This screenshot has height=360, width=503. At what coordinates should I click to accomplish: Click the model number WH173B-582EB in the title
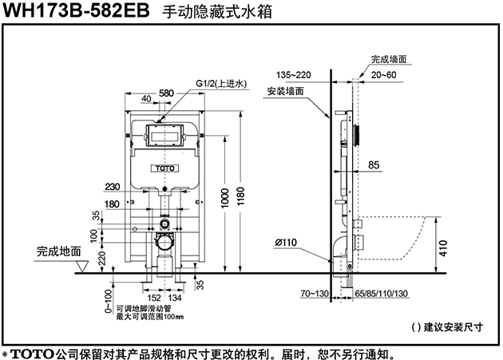tap(76, 10)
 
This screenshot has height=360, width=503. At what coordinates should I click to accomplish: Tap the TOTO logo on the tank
tap(165, 168)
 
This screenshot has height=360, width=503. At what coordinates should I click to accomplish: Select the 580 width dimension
tap(166, 93)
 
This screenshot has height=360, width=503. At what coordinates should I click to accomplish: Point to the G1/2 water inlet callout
tap(221, 84)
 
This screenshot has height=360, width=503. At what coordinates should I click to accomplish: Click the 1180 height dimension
tap(240, 196)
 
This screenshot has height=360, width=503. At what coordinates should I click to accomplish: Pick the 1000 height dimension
tap(225, 198)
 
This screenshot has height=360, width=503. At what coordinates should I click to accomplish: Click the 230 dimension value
tap(113, 187)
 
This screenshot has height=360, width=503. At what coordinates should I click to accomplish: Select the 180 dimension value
tap(112, 204)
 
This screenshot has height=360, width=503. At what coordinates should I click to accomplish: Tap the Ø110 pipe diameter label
tap(286, 242)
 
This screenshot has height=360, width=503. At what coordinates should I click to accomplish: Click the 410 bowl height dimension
tap(443, 248)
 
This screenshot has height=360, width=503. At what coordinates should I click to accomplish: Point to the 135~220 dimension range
tap(294, 75)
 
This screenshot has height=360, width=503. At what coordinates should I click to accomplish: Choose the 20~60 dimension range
tap(384, 75)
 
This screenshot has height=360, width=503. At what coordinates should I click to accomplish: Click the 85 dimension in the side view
tap(374, 165)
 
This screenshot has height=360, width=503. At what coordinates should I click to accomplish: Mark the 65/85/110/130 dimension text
tap(381, 293)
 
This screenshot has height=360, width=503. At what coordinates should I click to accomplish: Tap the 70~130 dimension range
tap(315, 293)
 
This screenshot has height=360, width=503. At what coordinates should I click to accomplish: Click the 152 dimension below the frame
tap(154, 298)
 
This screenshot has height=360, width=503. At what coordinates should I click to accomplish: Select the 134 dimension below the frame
tap(175, 298)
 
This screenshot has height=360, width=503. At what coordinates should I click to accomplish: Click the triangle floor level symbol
tap(82, 267)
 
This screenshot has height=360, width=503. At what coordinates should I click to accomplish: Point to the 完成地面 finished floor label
tap(59, 251)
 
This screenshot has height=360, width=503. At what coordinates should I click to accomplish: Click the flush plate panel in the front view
tap(165, 135)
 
